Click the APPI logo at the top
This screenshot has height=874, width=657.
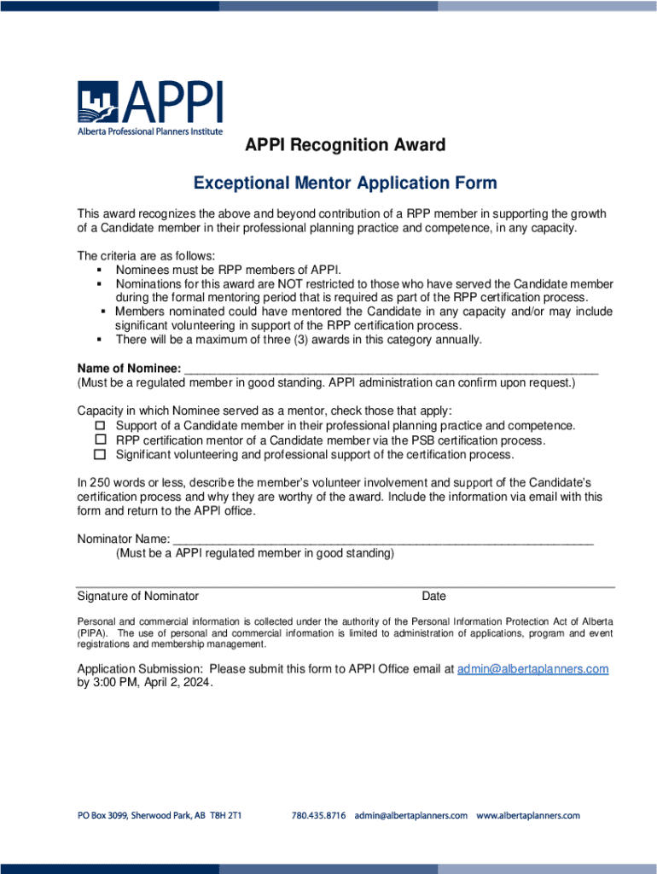(150, 108)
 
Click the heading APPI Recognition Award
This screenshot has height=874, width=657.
(346, 145)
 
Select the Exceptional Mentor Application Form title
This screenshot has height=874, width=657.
(345, 184)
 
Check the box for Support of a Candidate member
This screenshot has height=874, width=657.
(99, 425)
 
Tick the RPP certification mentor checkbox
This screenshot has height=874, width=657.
(99, 440)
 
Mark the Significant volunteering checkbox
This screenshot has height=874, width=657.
(99, 454)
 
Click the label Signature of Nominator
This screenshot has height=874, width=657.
(138, 597)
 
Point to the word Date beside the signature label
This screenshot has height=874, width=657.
(433, 597)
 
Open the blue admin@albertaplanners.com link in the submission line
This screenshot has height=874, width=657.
(532, 669)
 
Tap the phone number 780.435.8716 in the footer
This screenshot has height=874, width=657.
(318, 816)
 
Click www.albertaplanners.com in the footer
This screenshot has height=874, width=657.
(528, 816)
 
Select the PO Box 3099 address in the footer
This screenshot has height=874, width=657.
(160, 816)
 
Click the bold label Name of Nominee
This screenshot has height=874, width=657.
(129, 368)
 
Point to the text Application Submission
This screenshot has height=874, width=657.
(140, 669)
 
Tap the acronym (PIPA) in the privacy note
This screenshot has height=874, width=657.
(92, 633)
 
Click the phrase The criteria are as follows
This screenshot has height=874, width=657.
(147, 254)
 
